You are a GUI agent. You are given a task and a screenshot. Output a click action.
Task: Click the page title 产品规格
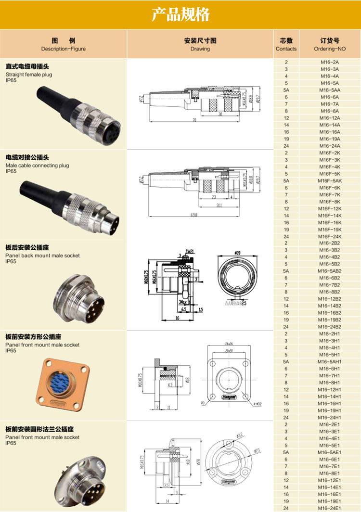pyautogui.click(x=180, y=15)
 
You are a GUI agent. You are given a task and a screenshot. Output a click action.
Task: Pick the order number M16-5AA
pyautogui.click(x=330, y=90)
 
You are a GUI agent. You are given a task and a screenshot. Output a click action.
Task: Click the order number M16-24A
pyautogui.click(x=330, y=146)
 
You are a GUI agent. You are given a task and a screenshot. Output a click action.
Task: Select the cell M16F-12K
pyautogui.click(x=330, y=209)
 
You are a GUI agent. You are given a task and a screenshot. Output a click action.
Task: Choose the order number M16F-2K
pyautogui.click(x=330, y=153)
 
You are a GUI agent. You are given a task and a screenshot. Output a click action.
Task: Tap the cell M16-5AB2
pyautogui.click(x=330, y=271)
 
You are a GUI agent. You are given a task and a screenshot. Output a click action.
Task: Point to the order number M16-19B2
pyautogui.click(x=330, y=320)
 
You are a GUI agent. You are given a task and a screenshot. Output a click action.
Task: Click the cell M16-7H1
pyautogui.click(x=330, y=375)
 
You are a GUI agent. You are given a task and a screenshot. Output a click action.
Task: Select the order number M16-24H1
pyautogui.click(x=330, y=417)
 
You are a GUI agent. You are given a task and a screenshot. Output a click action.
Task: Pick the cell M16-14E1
pyautogui.click(x=330, y=487)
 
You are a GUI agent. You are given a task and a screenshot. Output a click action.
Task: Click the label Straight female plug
pyautogui.click(x=29, y=75)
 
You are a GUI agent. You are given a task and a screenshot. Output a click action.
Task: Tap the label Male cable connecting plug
pyautogui.click(x=37, y=165)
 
